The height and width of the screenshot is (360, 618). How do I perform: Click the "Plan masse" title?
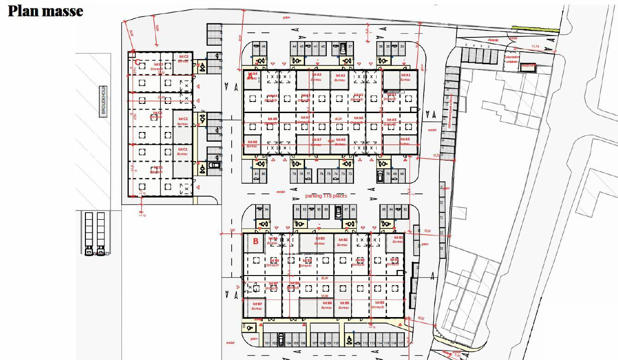(45, 11)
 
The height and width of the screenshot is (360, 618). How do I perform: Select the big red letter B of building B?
(255, 241)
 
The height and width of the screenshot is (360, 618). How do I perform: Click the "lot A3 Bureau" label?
(316, 77)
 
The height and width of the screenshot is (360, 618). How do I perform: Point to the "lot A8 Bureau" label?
(252, 144)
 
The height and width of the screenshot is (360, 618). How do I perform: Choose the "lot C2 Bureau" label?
(183, 121)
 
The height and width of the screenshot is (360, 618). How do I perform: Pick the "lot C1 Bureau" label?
(183, 151)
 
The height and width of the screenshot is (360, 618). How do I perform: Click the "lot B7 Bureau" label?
(257, 306)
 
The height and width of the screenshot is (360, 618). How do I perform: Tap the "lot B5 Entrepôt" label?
(378, 305)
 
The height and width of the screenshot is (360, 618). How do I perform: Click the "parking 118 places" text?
(326, 196)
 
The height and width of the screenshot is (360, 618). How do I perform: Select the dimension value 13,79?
(535, 47)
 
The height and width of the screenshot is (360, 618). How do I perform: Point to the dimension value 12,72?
(437, 156)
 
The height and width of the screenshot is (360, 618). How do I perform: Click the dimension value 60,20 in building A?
(338, 119)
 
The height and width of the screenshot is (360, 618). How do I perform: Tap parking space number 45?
(264, 47)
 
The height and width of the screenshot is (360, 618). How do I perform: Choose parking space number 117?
(401, 343)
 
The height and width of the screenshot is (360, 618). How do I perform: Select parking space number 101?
(267, 343)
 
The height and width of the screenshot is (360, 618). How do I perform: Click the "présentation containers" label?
(512, 59)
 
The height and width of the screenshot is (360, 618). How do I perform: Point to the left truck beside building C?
(89, 233)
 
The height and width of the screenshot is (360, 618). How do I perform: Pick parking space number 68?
(402, 174)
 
